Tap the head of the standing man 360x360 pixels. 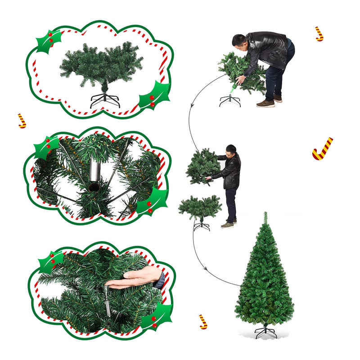point(231,150)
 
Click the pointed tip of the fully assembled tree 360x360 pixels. point(265,214)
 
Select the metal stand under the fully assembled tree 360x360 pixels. point(265,332)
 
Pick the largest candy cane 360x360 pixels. point(322,149)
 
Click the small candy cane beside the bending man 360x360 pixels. point(319,34)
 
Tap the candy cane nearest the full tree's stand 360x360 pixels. point(203,321)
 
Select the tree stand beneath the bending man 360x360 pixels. point(230,100)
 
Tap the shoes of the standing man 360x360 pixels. point(229,223)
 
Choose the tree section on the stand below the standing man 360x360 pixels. point(200,207)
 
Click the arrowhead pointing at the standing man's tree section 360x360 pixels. point(192,105)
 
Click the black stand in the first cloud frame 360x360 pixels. point(105,99)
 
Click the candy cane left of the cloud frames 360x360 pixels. point(22,121)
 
